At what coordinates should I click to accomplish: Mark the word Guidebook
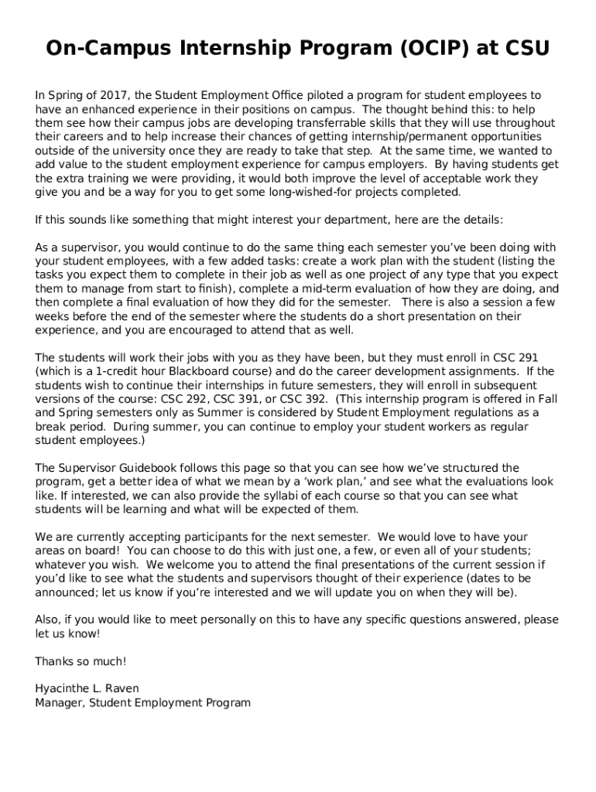click(x=146, y=468)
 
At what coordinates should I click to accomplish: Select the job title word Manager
click(x=60, y=702)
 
